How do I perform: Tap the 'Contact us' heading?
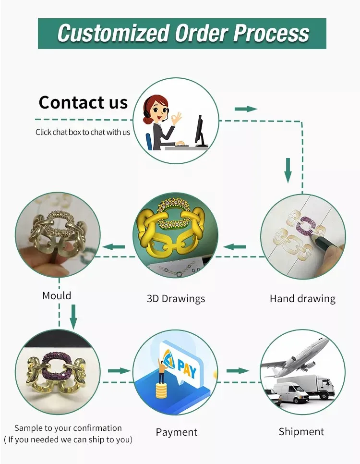83,102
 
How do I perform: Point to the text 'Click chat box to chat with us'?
83,132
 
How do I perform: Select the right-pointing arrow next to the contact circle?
246,109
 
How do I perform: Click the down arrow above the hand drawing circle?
288,170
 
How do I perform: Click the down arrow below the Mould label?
73,316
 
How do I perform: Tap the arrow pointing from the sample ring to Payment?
119,370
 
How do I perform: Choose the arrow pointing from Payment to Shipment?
237,370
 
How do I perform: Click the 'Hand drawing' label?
302,299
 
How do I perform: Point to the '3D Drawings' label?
176,299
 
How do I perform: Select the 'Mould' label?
57,295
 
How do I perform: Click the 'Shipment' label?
301,432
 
